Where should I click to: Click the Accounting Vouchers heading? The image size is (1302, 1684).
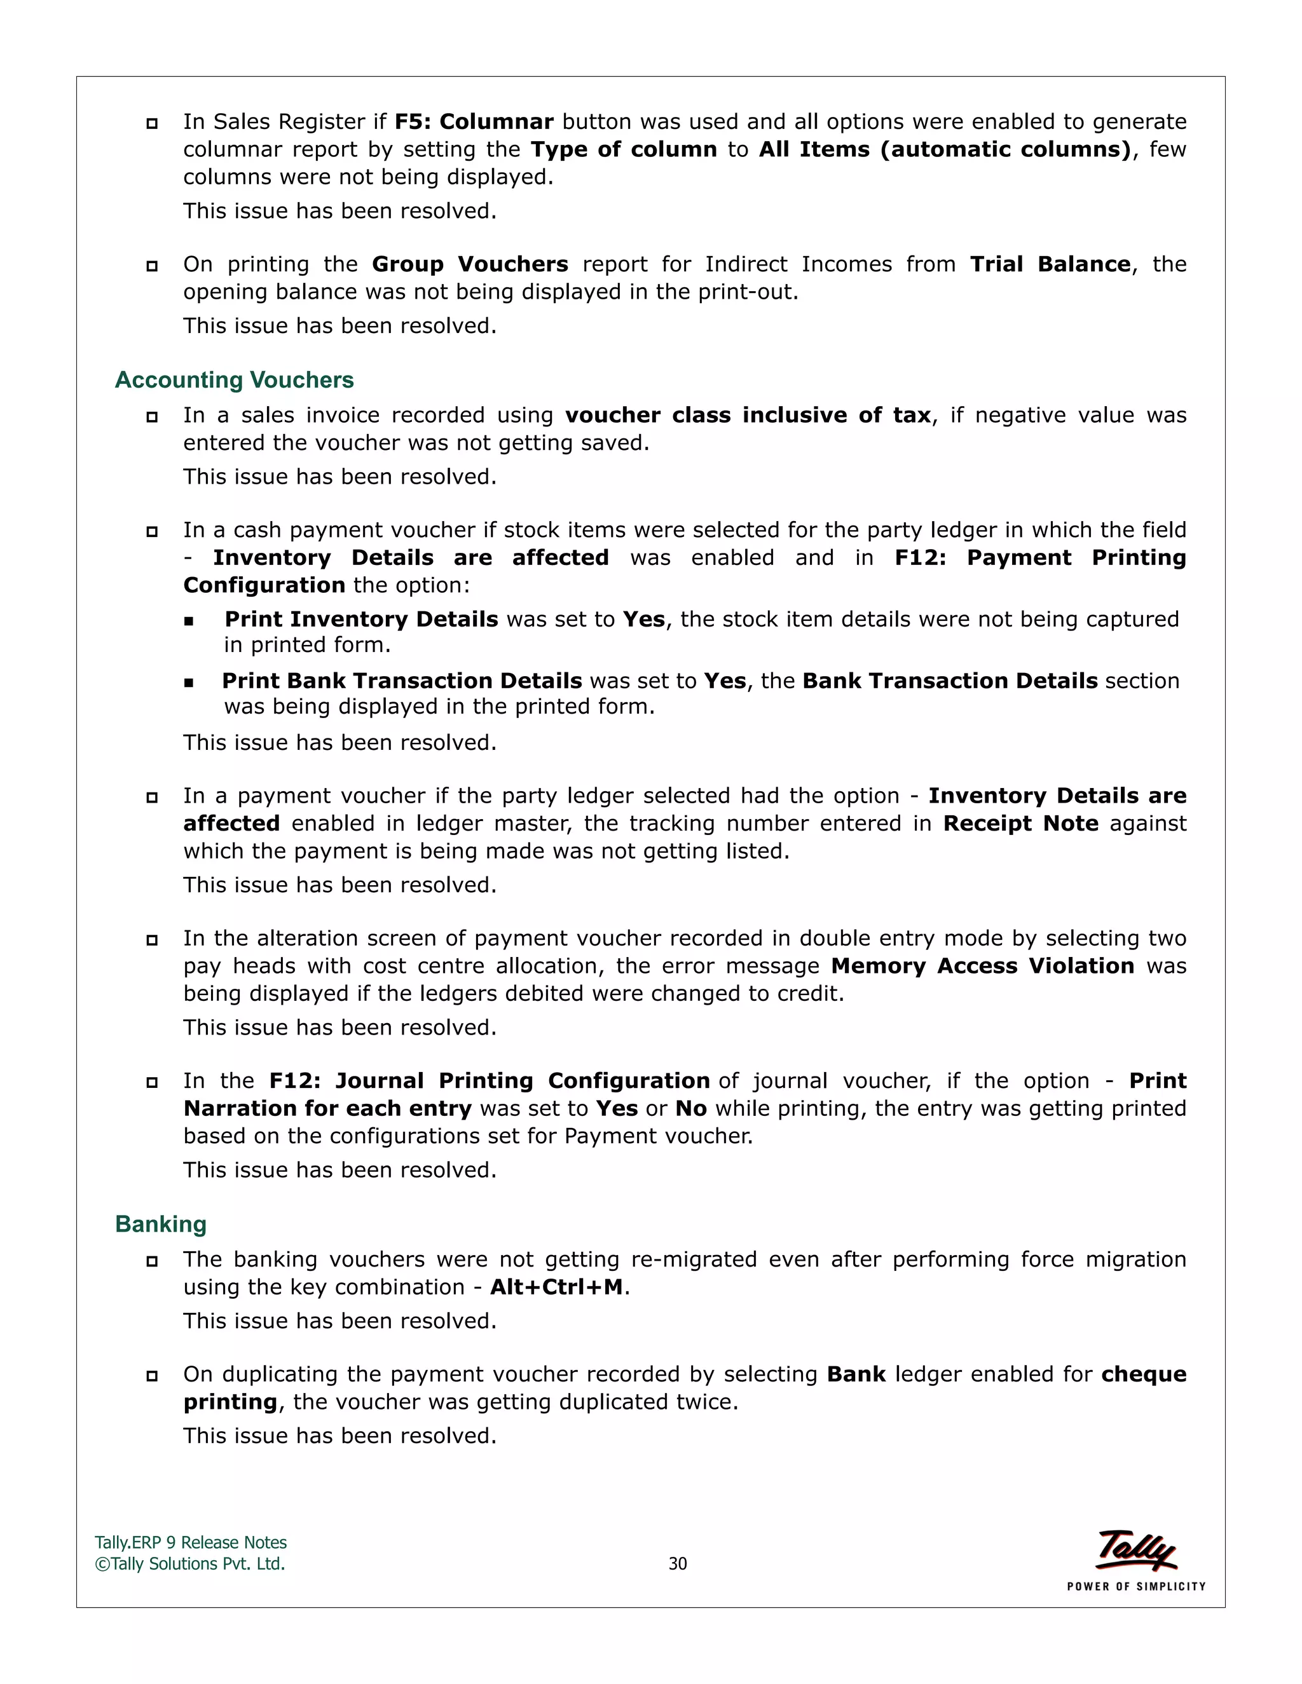pyautogui.click(x=234, y=380)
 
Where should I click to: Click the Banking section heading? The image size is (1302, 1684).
pyautogui.click(x=160, y=1225)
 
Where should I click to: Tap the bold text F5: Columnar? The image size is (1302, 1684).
pyautogui.click(x=474, y=122)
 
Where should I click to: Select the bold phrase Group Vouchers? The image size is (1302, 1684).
pyautogui.click(x=470, y=264)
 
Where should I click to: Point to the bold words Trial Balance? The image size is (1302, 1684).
pyautogui.click(x=1050, y=264)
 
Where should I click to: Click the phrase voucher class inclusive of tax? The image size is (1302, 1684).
pyautogui.click(x=748, y=416)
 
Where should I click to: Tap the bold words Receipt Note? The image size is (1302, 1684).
pyautogui.click(x=1020, y=824)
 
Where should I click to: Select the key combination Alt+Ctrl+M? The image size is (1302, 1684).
pyautogui.click(x=556, y=1287)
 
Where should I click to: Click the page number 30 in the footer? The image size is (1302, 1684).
pyautogui.click(x=677, y=1564)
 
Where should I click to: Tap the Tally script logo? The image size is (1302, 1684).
pyautogui.click(x=1136, y=1550)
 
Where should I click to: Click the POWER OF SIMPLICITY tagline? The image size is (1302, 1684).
pyautogui.click(x=1135, y=1586)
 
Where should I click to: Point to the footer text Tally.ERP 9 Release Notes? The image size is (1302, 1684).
pyautogui.click(x=191, y=1543)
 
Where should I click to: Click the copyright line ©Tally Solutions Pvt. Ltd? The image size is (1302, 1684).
pyautogui.click(x=189, y=1564)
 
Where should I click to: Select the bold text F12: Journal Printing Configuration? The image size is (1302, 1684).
pyautogui.click(x=489, y=1081)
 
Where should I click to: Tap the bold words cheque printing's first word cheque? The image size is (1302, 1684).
pyautogui.click(x=1143, y=1374)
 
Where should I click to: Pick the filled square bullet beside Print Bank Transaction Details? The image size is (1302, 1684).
pyautogui.click(x=189, y=682)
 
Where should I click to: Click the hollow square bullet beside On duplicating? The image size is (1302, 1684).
pyautogui.click(x=152, y=1376)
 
